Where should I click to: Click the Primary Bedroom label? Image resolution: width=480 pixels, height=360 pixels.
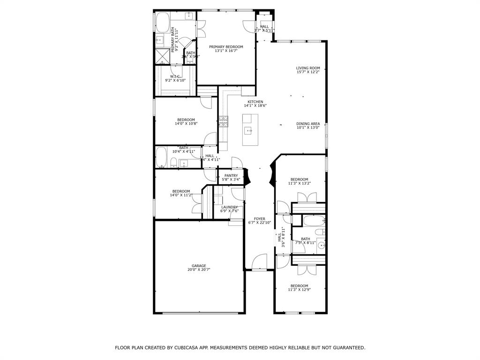pos(226,47)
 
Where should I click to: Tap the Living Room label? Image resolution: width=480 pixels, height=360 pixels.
pos(308,68)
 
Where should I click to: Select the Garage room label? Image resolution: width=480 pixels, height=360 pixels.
pos(198,266)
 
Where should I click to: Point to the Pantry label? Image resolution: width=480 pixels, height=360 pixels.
pos(231,176)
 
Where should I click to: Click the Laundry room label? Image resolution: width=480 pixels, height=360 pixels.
pos(229,207)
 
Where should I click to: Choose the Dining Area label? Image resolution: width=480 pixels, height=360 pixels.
pos(308,124)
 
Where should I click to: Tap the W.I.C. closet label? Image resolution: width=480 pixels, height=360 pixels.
pos(175,76)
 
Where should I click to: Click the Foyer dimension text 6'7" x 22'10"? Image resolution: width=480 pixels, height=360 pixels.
pos(259,223)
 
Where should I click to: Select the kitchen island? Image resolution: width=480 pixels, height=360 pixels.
pos(250,129)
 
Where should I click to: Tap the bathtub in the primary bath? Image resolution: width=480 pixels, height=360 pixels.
pos(162,22)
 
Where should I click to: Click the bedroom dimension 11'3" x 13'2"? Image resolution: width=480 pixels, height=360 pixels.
pos(299,184)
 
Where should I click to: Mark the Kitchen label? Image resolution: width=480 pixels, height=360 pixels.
pos(255,102)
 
